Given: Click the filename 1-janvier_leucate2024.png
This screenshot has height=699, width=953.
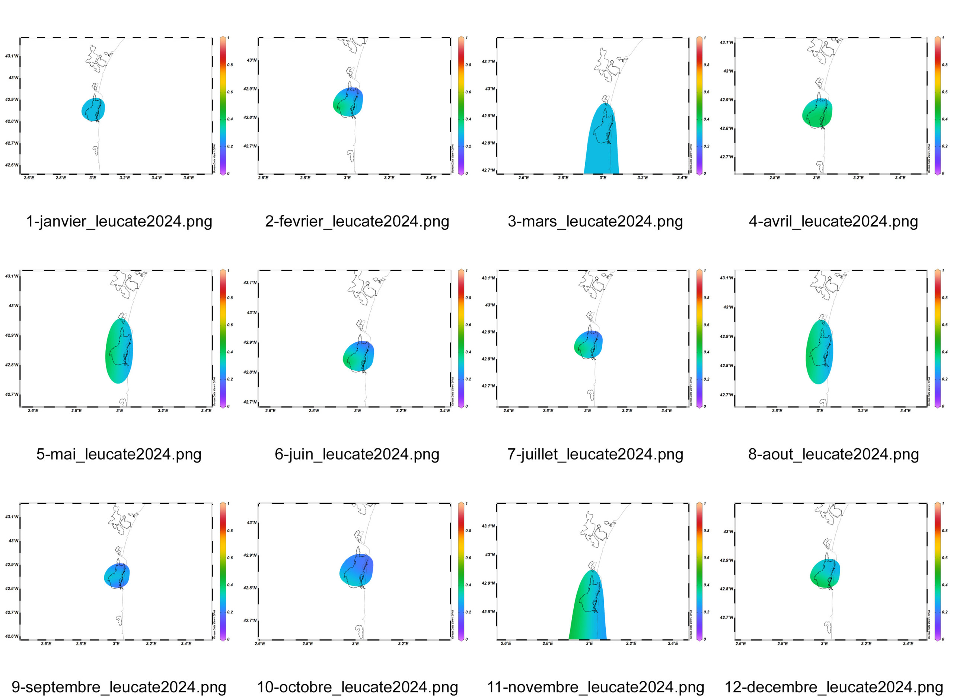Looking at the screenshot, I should coord(119,221).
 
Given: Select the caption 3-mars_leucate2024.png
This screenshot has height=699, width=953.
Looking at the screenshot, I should coord(595,221).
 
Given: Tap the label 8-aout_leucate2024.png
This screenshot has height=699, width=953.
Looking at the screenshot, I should coord(833,454).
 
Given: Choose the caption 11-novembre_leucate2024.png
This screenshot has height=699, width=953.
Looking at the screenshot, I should coord(595,687).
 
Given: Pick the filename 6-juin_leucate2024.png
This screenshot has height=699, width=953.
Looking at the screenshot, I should coord(357,454).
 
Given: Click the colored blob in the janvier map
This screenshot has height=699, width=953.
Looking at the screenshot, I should coord(93,109).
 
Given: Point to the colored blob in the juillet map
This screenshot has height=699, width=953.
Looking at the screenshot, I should coord(588,344).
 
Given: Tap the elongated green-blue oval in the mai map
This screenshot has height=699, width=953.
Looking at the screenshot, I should coord(119,351).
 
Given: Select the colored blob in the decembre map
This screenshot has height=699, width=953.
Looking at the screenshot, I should coord(825,574).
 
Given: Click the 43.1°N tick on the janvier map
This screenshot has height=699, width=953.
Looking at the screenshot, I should coord(12,56).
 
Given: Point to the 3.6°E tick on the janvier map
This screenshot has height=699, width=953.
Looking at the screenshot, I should coord(189,178).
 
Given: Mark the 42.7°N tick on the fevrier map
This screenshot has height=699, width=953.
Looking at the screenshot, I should coord(249,146).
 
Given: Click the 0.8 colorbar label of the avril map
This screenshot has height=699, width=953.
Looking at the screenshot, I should coord(944,65).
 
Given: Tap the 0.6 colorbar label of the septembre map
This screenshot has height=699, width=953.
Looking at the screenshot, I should coord(230,558).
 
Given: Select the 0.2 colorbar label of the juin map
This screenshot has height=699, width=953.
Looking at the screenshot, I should coord(468,379).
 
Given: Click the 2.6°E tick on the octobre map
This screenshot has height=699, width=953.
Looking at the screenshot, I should coord(260,644).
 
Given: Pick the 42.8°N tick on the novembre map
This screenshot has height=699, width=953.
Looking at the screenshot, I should coord(488,612).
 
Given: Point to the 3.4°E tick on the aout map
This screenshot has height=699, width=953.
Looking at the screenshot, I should coord(905,410).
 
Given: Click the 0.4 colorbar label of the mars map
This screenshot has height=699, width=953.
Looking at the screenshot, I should coord(707,119).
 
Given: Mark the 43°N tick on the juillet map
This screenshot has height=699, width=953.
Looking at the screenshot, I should coord(490,305).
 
